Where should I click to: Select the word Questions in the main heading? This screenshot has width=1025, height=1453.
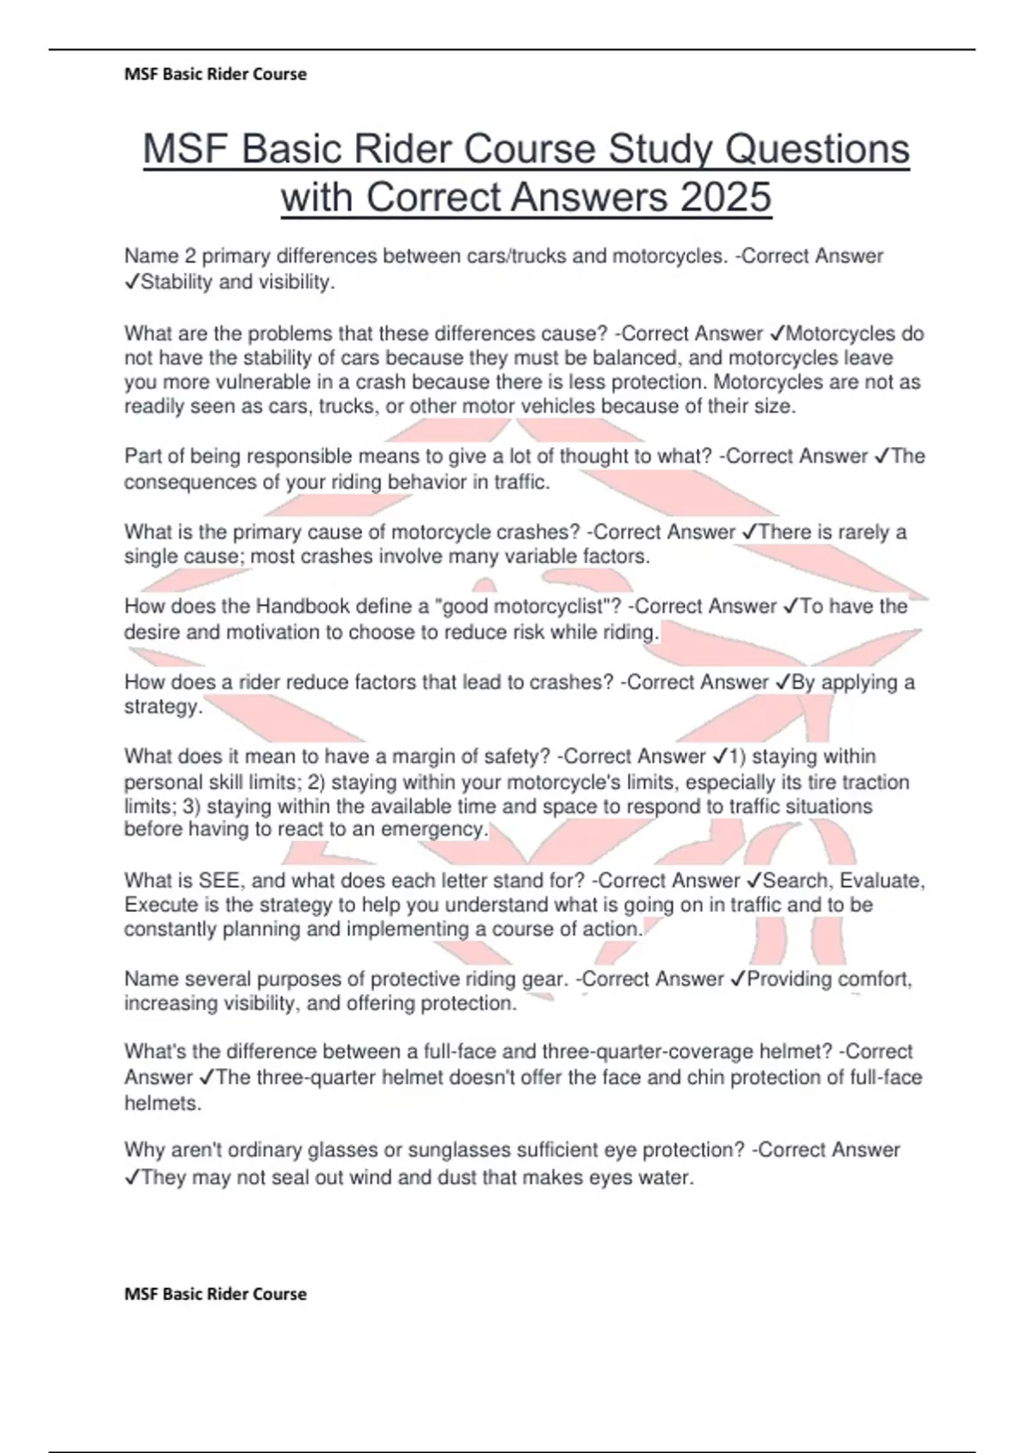tap(817, 149)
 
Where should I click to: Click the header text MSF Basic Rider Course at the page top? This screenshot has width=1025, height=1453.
tap(215, 74)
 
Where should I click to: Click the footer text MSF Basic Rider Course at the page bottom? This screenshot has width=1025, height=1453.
tap(215, 1294)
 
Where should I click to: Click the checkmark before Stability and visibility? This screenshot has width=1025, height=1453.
tap(132, 283)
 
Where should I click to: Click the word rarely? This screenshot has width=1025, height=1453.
tap(863, 532)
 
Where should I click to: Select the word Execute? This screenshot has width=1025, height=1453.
tap(157, 905)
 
